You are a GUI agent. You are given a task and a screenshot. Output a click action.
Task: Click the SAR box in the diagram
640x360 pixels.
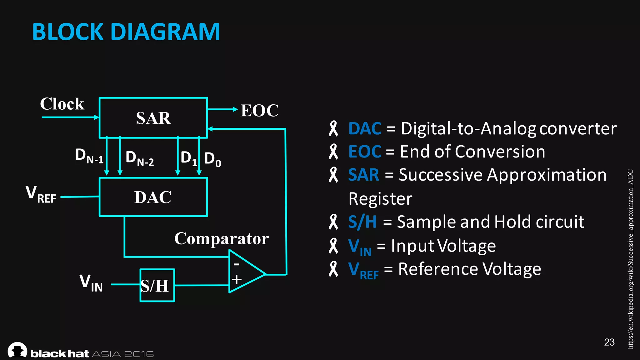tap(153, 118)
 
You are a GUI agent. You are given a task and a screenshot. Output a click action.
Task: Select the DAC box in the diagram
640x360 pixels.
tap(153, 197)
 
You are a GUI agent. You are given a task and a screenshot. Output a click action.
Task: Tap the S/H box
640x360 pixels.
tap(157, 285)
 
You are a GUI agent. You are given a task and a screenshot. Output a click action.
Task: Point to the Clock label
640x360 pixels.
tap(62, 104)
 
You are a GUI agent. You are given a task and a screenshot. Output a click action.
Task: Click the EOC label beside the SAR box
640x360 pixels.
tap(259, 111)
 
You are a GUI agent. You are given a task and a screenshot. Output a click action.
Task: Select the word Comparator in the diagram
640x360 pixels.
tap(221, 239)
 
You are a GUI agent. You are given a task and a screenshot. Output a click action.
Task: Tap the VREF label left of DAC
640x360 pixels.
tap(41, 194)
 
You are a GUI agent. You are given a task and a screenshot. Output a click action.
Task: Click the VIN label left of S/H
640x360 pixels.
tap(91, 283)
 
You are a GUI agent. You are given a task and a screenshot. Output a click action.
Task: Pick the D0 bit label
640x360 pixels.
tap(212, 159)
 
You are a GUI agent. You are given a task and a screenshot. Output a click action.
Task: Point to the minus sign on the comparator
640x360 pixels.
tap(237, 264)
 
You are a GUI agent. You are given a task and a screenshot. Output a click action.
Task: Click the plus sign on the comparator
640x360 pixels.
tap(237, 279)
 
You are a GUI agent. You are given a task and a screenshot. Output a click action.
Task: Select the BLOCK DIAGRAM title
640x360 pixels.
tap(126, 32)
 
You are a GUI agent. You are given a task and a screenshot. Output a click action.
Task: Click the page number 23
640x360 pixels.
tap(609, 342)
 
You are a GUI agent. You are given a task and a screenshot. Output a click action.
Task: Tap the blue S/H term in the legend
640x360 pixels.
tap(362, 222)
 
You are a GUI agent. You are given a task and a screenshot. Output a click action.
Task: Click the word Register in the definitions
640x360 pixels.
tap(380, 199)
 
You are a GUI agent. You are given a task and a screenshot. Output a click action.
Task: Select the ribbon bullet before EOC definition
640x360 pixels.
tap(333, 152)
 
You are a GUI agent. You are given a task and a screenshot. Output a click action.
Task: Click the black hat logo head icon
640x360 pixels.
tap(17, 350)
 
